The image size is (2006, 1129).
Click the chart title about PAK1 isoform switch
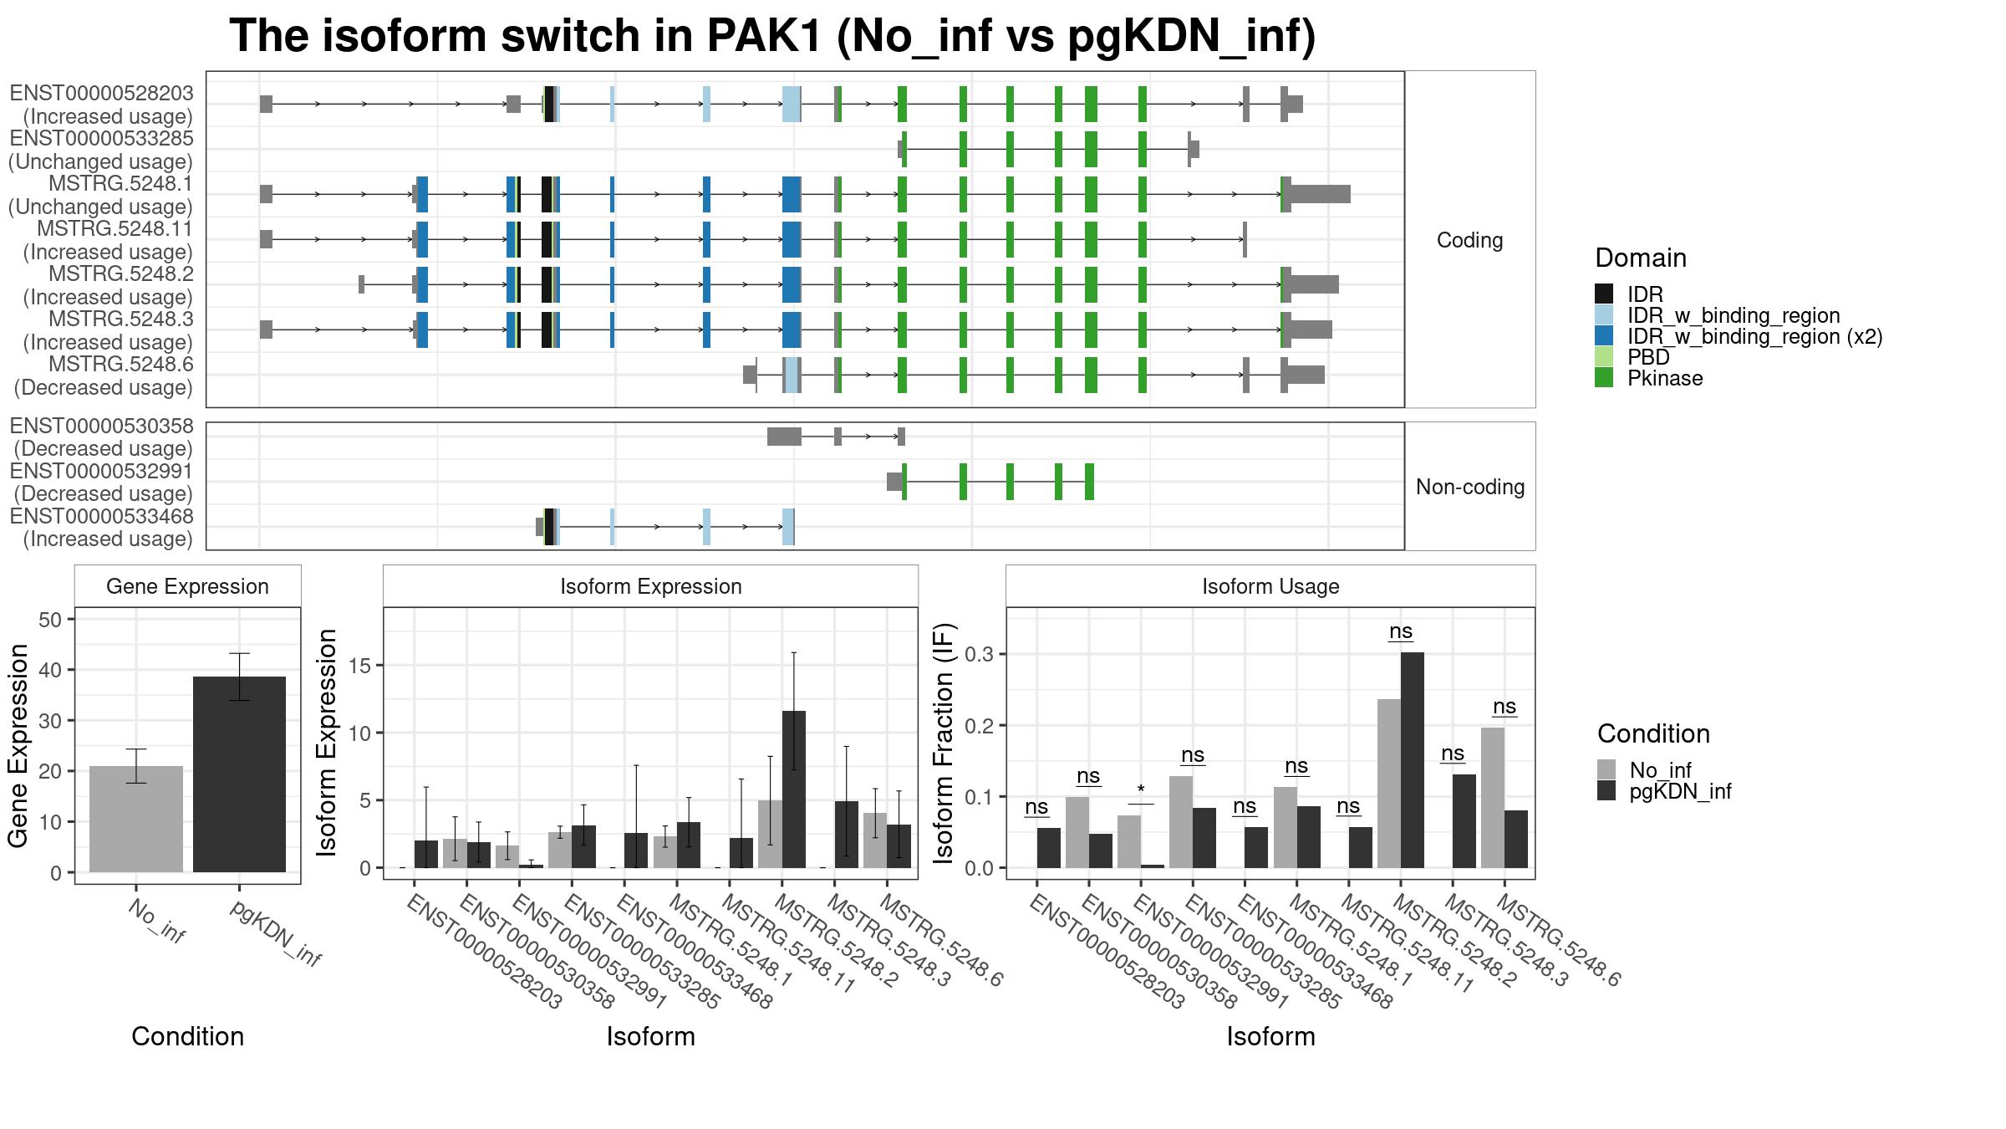(772, 36)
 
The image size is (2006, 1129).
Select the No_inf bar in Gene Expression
(136, 819)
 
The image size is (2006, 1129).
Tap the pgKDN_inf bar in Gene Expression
(239, 774)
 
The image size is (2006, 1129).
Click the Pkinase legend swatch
(1604, 378)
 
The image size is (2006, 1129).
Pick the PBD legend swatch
(1604, 357)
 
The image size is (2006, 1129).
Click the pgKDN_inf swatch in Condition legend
(1606, 791)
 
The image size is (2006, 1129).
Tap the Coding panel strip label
(1469, 240)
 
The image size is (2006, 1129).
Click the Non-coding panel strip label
(1470, 487)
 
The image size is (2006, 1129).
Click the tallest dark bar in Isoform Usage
(1413, 760)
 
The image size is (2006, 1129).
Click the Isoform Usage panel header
(1270, 586)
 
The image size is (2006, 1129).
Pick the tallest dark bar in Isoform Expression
(794, 789)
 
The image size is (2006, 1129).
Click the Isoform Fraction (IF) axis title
(944, 743)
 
